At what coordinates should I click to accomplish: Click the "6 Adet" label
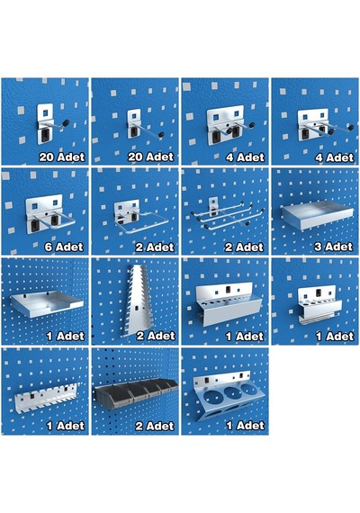(x=64, y=247)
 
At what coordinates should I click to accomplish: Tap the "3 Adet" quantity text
(x=334, y=247)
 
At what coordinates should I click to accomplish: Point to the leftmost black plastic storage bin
(x=111, y=393)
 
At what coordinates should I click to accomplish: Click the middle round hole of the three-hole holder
(x=231, y=392)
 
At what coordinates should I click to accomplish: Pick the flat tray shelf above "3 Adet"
(x=317, y=214)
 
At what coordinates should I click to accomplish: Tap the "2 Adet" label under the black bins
(x=155, y=426)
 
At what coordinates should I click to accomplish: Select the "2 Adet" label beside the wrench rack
(x=156, y=336)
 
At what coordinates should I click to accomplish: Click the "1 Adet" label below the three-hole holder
(x=245, y=426)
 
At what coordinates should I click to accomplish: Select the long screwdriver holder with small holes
(x=229, y=303)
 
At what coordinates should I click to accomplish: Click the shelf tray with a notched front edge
(x=47, y=304)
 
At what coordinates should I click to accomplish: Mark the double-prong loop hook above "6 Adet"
(x=49, y=214)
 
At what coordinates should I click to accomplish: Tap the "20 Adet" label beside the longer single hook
(x=150, y=157)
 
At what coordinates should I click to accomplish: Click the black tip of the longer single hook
(x=161, y=134)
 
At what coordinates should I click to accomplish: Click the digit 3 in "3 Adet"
(x=318, y=247)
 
